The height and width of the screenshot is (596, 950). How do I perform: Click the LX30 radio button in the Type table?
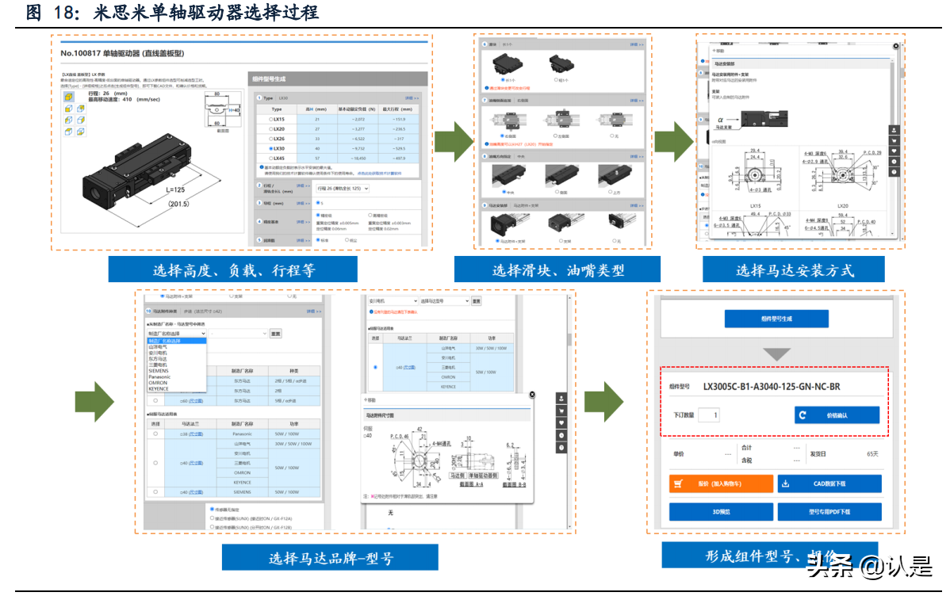point(271,148)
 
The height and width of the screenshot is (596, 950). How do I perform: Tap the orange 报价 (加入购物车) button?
point(720,483)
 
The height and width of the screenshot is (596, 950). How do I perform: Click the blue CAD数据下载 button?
point(829,483)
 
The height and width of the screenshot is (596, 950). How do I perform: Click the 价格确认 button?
point(837,415)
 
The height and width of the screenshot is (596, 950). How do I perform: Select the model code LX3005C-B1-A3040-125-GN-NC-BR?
point(771,387)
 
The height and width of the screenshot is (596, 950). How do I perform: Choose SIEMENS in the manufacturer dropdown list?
point(159,370)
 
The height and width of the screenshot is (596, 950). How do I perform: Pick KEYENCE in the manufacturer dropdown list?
point(159,388)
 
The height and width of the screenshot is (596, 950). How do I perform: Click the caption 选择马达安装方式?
point(795,270)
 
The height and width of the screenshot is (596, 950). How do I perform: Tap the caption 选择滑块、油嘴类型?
point(558,270)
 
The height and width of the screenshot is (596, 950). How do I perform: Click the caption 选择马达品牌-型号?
point(331,557)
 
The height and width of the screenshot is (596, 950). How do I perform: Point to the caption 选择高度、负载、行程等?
point(233,270)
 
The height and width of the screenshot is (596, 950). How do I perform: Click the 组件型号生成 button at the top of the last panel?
point(776,319)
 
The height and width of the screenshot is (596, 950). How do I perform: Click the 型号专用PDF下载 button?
point(829,512)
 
